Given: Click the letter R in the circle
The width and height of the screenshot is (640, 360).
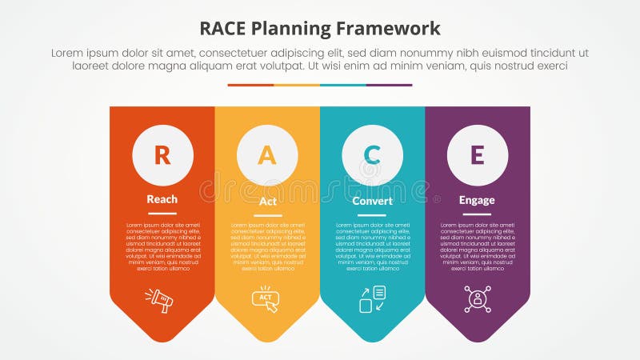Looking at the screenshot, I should point(162,155).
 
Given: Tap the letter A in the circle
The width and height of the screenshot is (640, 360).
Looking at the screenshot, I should point(267,155).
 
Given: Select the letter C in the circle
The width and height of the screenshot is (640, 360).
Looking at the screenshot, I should point(372,155).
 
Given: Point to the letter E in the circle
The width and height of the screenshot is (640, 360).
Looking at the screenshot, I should point(477,155).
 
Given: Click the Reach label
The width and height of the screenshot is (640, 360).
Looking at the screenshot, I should point(162,199).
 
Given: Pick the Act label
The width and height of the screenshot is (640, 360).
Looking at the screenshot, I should point(268,201).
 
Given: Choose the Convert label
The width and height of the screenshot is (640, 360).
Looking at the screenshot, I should point(373,201).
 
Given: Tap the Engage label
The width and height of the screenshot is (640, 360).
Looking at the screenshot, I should point(477,200).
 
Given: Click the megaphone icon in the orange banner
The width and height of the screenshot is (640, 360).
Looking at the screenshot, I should point(160,300).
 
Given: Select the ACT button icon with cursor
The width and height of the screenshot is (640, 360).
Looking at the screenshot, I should point(266,299).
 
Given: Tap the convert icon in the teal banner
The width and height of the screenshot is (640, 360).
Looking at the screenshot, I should point(372,299).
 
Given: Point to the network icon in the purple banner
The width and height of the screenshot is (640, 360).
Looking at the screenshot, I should point(478,299).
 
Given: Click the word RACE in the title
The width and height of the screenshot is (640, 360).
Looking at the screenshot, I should point(227,29).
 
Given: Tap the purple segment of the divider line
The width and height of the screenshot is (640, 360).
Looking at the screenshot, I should point(390,85).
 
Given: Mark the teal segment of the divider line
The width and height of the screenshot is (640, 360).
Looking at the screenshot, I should point(343,85).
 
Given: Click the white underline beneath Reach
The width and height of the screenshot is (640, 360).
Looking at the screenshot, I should point(162,214).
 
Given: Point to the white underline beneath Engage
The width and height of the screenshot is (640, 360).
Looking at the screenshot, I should point(477,214).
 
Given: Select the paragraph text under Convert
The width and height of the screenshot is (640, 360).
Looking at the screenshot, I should point(372,247).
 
